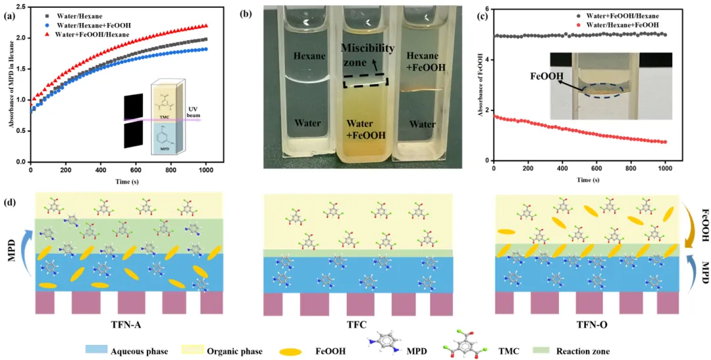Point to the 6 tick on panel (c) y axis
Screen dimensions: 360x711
pyautogui.click(x=488, y=8)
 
